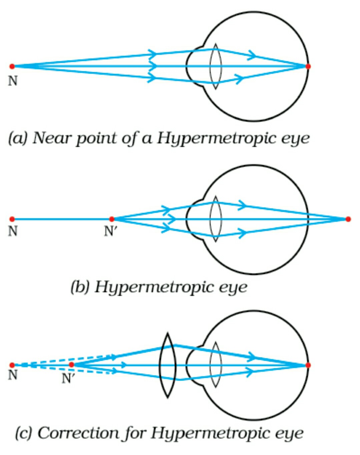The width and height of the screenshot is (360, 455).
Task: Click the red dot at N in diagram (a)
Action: pos(12,66)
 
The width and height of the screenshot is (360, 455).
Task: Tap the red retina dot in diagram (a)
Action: pos(308,66)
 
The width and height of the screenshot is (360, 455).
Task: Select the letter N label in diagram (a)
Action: pos(13,81)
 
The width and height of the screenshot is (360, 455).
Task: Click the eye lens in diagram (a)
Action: pos(216,66)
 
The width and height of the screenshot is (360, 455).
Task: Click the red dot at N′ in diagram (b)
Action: pos(112,219)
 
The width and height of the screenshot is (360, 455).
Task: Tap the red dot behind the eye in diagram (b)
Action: pos(348,219)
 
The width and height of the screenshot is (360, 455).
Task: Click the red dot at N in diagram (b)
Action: pos(12,219)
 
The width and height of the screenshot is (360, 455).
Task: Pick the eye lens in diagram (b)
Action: pos(216,219)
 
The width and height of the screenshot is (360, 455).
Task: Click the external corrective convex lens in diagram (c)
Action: pos(167,365)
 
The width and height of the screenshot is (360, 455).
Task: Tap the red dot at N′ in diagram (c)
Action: pos(71,365)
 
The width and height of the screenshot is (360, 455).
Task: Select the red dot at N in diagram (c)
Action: pos(12,365)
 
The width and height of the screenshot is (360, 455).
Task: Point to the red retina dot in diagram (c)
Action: pos(308,365)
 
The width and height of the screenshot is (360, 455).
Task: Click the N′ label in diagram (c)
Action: pos(68,378)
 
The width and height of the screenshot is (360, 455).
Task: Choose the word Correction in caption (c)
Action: pos(78,433)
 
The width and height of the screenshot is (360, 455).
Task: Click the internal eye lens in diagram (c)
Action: pos(216,365)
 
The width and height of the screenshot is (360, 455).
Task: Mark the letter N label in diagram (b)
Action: pos(13,231)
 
